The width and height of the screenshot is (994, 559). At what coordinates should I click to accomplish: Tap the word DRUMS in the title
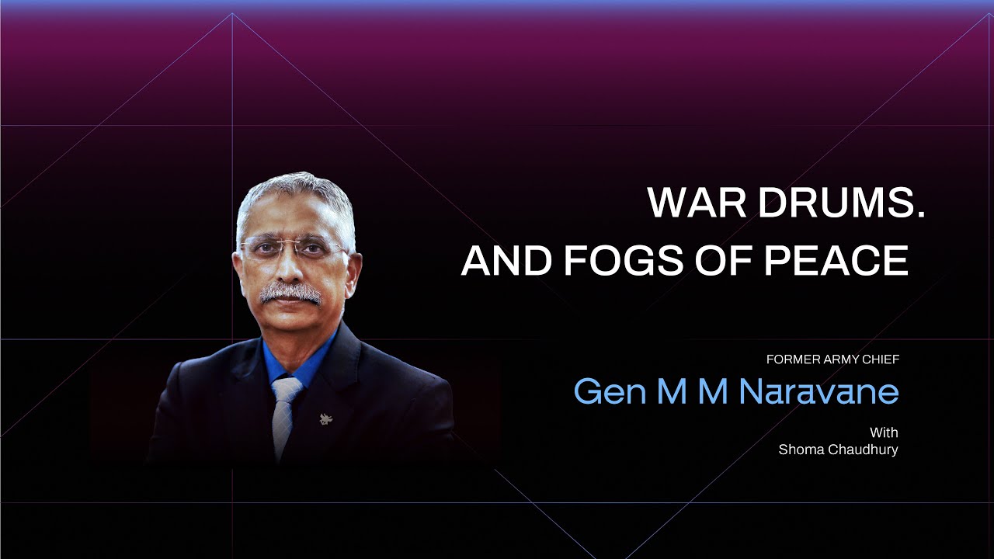[835, 203]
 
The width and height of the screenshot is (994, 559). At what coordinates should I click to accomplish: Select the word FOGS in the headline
[623, 260]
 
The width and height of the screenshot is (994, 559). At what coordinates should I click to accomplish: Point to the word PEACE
[836, 260]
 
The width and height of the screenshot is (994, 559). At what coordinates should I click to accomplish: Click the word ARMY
[840, 359]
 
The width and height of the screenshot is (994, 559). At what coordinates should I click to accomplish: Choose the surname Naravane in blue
[818, 391]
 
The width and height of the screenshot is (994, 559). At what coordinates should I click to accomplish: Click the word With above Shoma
[884, 432]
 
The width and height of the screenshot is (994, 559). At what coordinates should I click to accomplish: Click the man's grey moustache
[290, 293]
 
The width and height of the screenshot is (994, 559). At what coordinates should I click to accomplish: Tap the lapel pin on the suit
[327, 418]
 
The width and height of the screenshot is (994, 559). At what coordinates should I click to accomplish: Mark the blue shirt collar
[299, 359]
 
